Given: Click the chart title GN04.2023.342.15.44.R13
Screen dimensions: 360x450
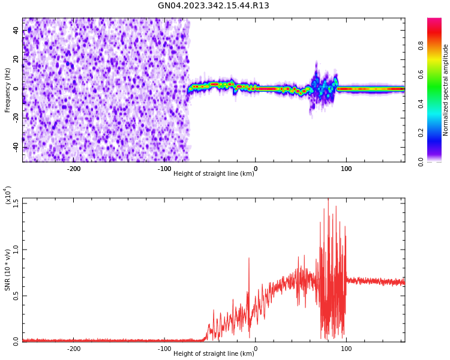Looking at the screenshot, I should tap(214, 6).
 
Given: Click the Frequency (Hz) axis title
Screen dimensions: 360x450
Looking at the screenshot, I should tap(8, 90).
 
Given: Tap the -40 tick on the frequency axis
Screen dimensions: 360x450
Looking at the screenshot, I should tap(16, 147).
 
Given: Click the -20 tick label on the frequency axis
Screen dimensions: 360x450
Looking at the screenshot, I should tap(16, 118).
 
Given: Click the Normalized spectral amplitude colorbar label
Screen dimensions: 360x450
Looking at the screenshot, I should tap(446, 90).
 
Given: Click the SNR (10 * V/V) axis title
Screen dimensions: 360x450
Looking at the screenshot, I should tap(8, 270).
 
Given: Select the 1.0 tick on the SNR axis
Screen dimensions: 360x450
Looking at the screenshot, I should tap(16, 250).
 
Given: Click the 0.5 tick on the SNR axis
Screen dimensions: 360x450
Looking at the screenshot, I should tap(16, 296).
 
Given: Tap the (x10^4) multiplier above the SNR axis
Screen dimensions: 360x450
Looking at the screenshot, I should tap(8, 196).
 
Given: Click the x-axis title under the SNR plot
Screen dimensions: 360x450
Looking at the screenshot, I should tap(214, 354).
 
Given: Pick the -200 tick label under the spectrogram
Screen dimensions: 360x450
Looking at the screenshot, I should tap(74, 169).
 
